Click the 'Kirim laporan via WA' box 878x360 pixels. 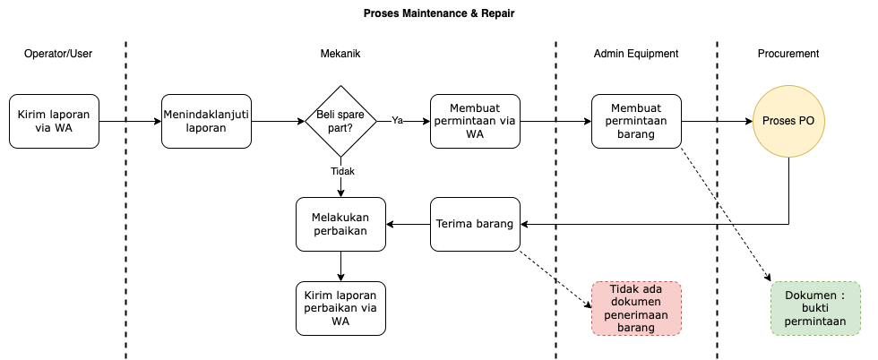54,121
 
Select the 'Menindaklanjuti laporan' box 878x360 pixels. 206,121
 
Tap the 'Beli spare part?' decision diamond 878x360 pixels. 340,121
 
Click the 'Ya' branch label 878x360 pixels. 397,120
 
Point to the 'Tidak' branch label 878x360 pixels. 342,171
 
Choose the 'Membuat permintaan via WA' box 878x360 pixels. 475,121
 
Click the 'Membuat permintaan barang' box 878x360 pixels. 636,121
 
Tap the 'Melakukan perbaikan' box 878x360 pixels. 340,224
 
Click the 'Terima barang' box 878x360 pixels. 475,224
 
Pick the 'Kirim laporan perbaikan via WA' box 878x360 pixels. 340,308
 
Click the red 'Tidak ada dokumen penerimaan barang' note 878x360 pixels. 636,308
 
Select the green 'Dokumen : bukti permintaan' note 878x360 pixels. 815,308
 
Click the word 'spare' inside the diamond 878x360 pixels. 347,115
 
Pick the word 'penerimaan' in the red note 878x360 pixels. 635,315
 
